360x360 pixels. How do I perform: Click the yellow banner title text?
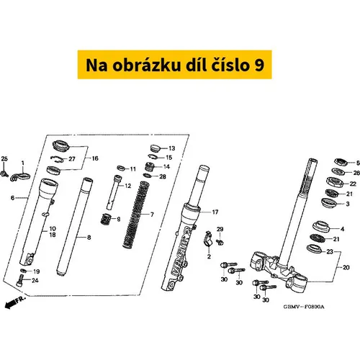tap(175, 65)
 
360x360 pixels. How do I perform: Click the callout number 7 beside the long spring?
tap(152, 215)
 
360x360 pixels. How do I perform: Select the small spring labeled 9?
tap(105, 219)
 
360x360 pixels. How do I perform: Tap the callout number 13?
tap(172, 148)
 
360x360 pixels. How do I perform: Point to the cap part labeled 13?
tap(156, 148)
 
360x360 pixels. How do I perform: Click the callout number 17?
tap(215, 212)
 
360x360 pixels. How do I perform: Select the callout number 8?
tap(89, 238)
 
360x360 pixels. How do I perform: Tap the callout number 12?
tap(128, 186)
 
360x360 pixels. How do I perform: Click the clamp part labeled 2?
tap(209, 239)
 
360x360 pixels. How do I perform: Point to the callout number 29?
tap(220, 229)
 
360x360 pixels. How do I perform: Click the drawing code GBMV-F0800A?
tap(304, 307)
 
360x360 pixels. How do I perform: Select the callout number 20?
tap(346, 267)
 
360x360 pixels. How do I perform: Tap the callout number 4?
tap(342, 229)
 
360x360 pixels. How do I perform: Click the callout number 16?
tap(95, 158)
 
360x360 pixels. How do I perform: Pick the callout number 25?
tap(4, 158)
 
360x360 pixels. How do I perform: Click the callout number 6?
tap(12, 198)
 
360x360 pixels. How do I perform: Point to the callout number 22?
tap(353, 184)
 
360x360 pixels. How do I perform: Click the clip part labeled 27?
tap(57, 158)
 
